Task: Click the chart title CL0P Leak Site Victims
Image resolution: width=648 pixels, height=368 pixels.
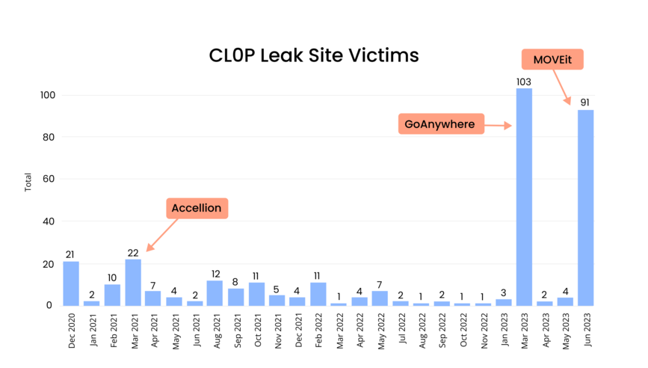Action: pyautogui.click(x=313, y=55)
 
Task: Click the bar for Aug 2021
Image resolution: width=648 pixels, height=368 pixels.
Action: pyautogui.click(x=215, y=292)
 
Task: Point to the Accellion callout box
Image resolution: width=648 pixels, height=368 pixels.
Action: pyautogui.click(x=197, y=208)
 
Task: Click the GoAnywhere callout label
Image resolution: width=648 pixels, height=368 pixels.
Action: pyautogui.click(x=440, y=124)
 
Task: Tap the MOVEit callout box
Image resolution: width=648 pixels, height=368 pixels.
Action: pyautogui.click(x=552, y=59)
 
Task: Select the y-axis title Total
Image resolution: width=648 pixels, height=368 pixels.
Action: pyautogui.click(x=28, y=182)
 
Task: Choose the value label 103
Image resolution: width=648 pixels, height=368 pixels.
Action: pyautogui.click(x=524, y=81)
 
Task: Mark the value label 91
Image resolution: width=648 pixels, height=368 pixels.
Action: pyautogui.click(x=585, y=102)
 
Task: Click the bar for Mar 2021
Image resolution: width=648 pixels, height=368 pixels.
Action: pyautogui.click(x=133, y=282)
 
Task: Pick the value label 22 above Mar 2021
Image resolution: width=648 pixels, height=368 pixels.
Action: pyautogui.click(x=133, y=253)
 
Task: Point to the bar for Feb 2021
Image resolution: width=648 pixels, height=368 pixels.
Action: pyautogui.click(x=112, y=295)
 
